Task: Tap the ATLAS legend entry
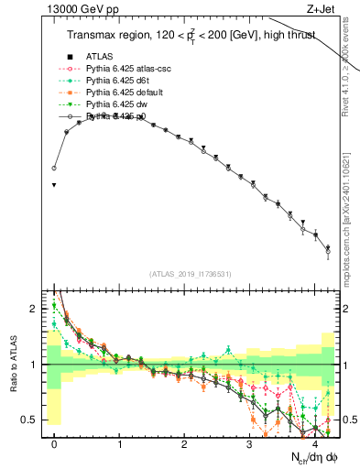(100, 57)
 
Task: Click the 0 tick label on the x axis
(54, 444)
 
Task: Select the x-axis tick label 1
(119, 444)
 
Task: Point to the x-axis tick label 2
(184, 444)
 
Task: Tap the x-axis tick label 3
(249, 444)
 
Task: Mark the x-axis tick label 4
(314, 444)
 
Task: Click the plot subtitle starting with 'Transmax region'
(191, 36)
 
